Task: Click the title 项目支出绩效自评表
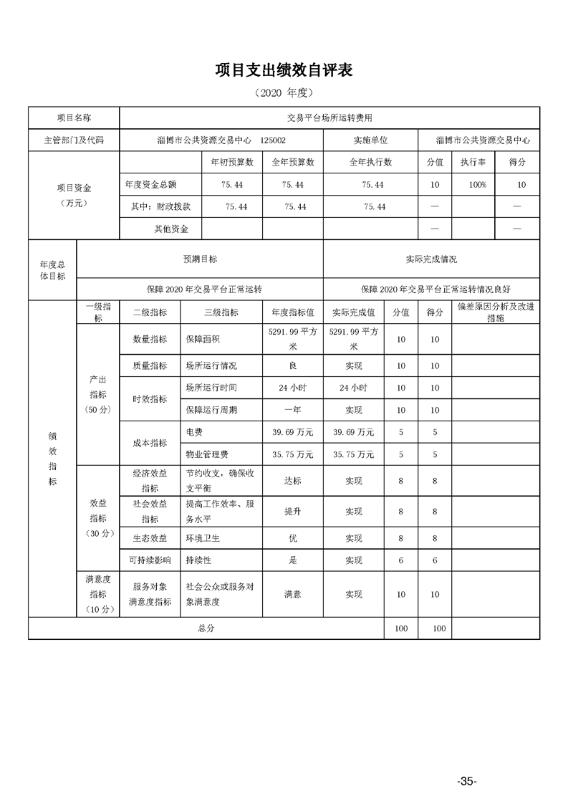click(284, 70)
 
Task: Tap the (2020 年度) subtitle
click(284, 93)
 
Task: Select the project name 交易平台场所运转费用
click(329, 117)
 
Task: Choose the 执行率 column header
click(473, 163)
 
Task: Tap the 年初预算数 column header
click(232, 163)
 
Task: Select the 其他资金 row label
click(171, 229)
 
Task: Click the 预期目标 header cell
click(200, 259)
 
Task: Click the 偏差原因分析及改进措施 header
click(495, 312)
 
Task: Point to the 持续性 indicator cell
click(198, 560)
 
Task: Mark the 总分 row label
click(206, 628)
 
